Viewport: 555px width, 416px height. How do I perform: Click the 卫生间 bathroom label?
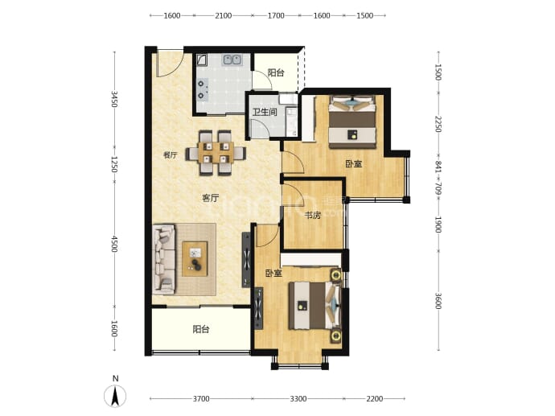tap(265, 112)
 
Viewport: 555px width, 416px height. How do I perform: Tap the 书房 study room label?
tap(313, 215)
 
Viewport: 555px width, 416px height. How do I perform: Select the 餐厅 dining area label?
tap(171, 154)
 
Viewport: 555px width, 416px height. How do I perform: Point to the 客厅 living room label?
tap(210, 198)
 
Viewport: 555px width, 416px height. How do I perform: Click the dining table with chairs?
tap(216, 153)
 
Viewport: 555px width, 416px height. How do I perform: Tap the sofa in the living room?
tap(163, 260)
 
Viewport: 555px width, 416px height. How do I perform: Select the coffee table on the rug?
tap(195, 259)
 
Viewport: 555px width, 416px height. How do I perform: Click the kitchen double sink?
tap(232, 60)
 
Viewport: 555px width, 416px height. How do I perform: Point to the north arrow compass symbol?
tap(115, 395)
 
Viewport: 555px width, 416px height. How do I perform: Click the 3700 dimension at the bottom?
tap(201, 399)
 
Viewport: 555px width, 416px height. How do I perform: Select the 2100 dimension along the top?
tap(224, 15)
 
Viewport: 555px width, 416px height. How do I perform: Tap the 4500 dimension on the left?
tap(114, 244)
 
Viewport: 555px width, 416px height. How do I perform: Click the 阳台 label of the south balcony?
tap(201, 329)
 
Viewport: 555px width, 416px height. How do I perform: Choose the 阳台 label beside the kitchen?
tap(276, 73)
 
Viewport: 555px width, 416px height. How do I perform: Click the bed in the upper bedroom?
tap(351, 122)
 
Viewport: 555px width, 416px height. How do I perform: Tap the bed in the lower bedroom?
tap(314, 305)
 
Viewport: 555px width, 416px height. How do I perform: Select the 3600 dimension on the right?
tap(438, 301)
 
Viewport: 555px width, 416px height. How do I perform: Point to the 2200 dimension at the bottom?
tap(375, 399)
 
